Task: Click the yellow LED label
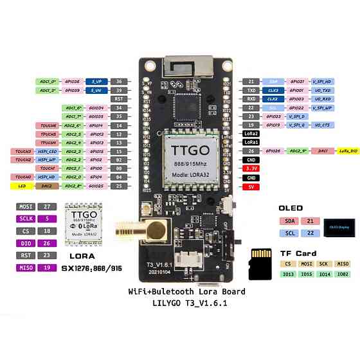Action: coord(21,185)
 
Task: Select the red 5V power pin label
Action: coord(251,186)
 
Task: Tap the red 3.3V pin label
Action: coord(251,168)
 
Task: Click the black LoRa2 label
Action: coord(251,133)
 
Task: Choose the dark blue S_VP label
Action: coord(96,82)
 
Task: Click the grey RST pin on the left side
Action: coord(118,99)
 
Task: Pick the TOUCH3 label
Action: coord(21,150)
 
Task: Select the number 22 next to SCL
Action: coord(312,233)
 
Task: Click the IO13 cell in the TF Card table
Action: coord(289,274)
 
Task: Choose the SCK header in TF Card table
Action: coord(324,264)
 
